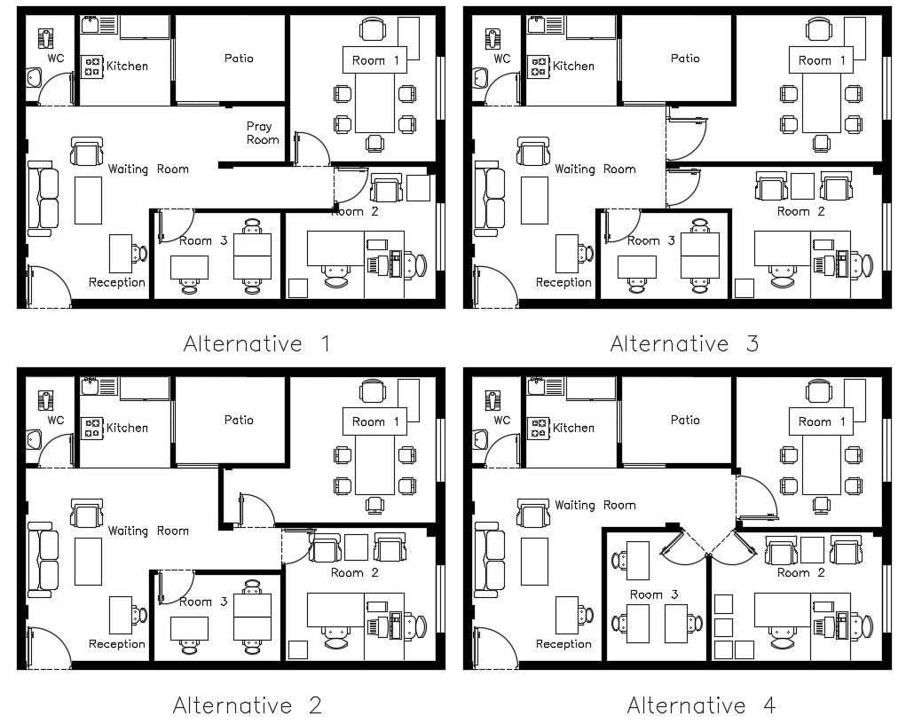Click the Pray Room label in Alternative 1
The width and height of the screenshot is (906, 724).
coord(262,133)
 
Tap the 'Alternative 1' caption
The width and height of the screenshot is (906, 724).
coord(256,343)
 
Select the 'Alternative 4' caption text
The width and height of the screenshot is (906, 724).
coord(701,705)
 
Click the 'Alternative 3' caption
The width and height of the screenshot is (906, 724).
coord(684,343)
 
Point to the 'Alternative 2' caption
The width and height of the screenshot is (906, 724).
coord(247,705)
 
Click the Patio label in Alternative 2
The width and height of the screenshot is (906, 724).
coord(238,420)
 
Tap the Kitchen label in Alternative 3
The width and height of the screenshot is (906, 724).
coord(573,66)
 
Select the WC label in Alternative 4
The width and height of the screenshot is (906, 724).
coord(502,420)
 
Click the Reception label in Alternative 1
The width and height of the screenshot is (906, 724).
coord(116,282)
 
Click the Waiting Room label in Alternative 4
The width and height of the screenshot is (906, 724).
coord(595,505)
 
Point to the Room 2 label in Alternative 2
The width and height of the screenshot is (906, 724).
coord(355,572)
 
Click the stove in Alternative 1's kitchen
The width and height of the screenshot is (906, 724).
coord(91,66)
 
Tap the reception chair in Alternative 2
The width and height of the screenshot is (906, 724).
coord(141,614)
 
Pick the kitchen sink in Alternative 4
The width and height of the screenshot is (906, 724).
coord(537,383)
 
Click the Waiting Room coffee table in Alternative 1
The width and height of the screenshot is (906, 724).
coord(89,200)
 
